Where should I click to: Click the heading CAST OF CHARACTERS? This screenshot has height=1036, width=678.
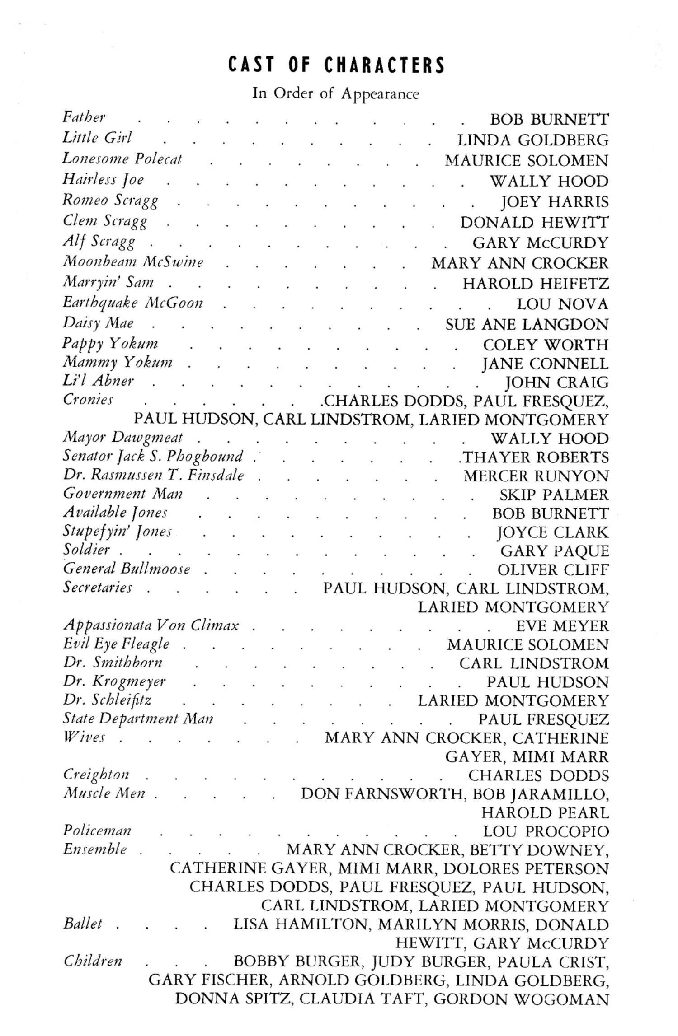click(x=336, y=66)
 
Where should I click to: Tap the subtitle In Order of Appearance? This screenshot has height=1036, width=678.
click(x=335, y=93)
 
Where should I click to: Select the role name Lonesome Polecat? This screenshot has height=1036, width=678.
click(x=122, y=159)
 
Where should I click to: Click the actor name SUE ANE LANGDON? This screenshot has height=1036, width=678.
click(x=527, y=324)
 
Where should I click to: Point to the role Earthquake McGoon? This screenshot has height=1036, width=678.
click(x=133, y=303)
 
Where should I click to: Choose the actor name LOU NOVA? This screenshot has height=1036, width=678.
click(x=562, y=304)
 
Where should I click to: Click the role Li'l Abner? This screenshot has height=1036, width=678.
click(x=98, y=381)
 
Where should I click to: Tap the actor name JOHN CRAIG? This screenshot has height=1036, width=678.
click(x=556, y=383)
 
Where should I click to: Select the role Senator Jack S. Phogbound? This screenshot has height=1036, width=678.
click(x=153, y=457)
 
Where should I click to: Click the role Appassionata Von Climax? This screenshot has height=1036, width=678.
click(x=151, y=625)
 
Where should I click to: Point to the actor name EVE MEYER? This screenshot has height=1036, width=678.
click(x=562, y=626)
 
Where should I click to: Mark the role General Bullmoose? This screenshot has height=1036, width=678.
click(x=127, y=569)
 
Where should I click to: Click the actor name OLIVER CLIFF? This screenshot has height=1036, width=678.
click(x=553, y=570)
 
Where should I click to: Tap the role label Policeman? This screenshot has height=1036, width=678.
click(x=97, y=831)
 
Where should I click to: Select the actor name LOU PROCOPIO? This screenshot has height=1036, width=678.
click(x=546, y=831)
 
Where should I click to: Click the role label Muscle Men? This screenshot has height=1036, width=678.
click(x=104, y=793)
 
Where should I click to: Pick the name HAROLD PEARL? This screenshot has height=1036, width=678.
click(x=545, y=813)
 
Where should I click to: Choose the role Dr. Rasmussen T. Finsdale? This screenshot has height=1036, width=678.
click(x=153, y=475)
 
